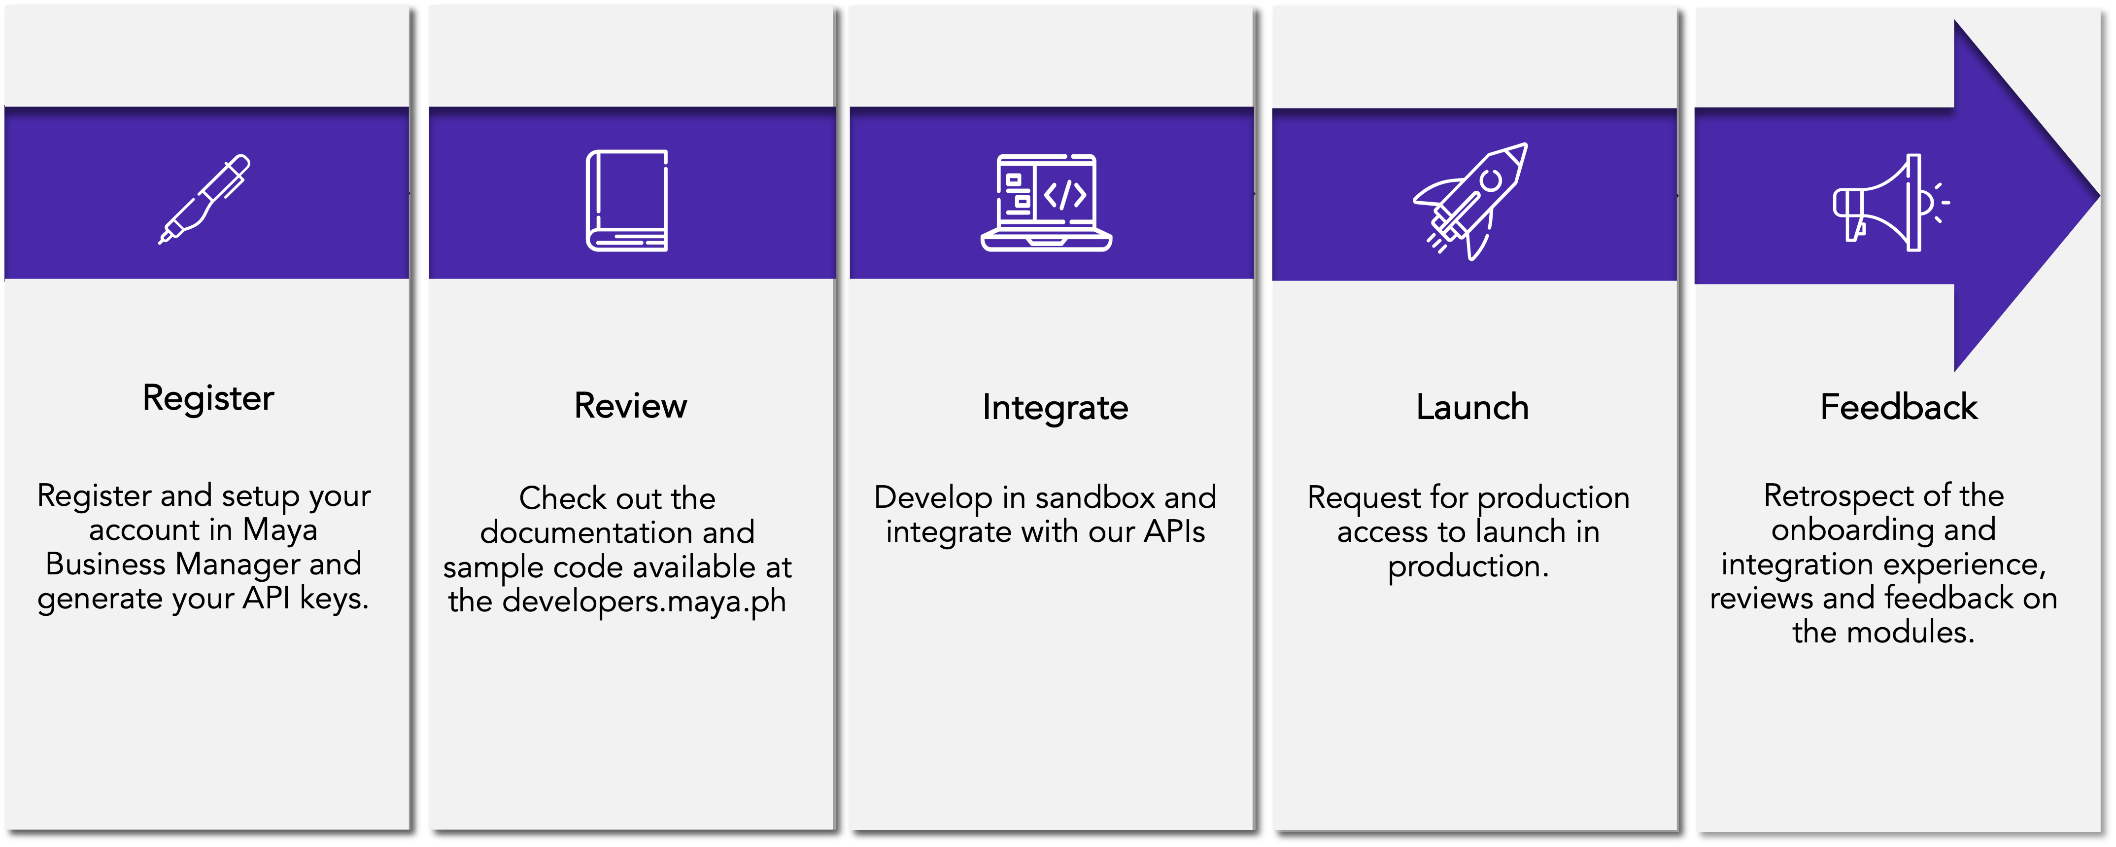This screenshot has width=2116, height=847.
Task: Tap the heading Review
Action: [631, 406]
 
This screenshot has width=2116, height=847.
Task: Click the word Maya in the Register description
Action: [280, 530]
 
